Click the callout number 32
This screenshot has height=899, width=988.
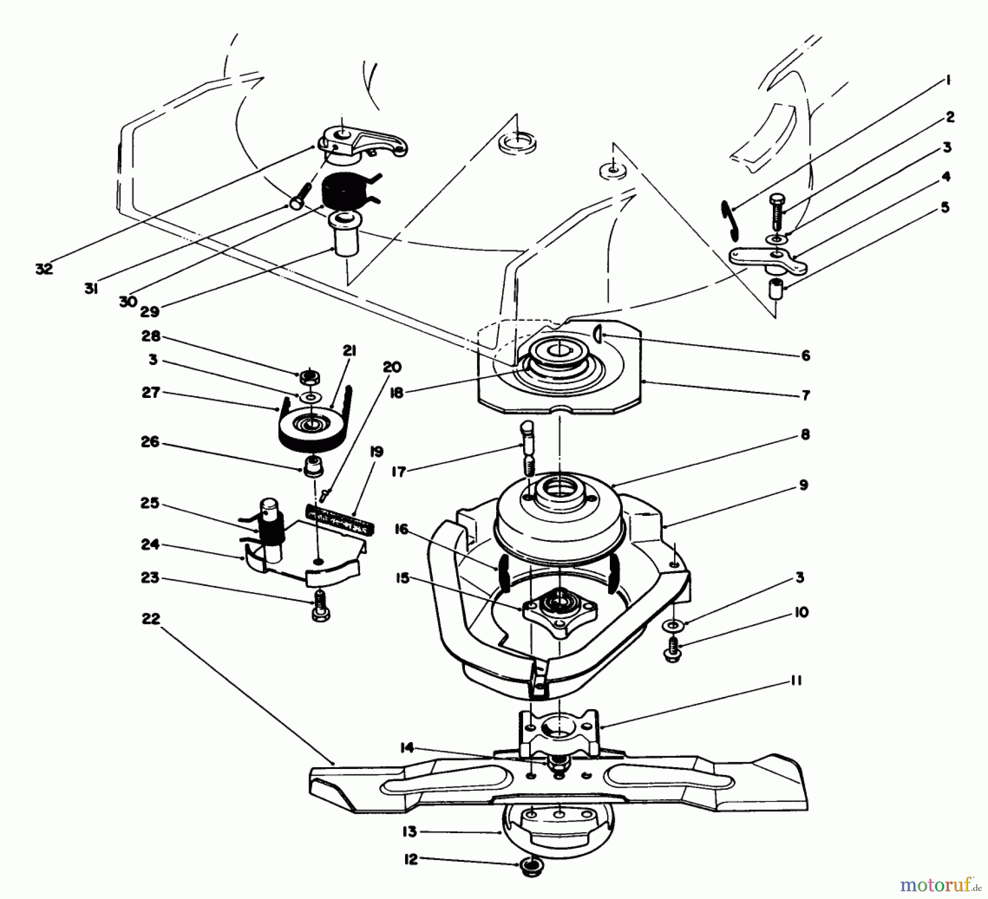44,269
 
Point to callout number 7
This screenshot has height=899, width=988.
805,395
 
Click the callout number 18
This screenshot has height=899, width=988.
396,393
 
